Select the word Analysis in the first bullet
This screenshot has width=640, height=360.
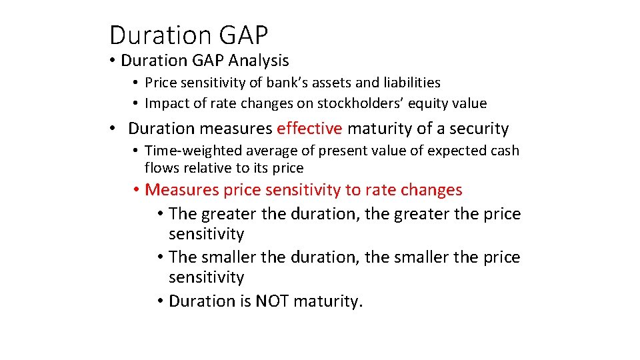click(x=259, y=61)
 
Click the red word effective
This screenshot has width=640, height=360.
click(x=309, y=129)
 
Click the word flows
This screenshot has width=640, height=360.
click(x=161, y=168)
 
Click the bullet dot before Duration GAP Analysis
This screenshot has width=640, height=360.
click(x=114, y=61)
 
